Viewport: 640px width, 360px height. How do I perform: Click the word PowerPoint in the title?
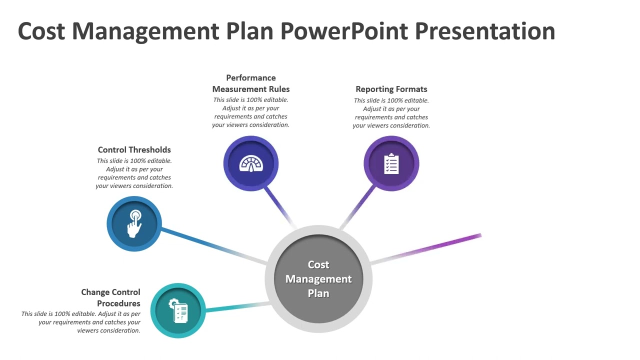344,31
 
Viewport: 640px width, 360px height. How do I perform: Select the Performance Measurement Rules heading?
251,83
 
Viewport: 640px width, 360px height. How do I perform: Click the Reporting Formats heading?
391,89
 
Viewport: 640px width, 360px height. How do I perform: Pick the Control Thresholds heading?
134,149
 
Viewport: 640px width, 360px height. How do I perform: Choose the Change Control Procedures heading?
111,297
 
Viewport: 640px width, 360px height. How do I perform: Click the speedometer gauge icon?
250,163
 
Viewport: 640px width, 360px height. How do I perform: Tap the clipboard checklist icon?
391,163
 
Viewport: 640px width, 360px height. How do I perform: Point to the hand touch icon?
134,223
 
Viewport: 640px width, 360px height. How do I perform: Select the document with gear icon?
178,310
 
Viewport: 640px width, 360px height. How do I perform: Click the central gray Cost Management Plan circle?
318,279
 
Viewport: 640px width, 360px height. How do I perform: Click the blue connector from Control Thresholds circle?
210,245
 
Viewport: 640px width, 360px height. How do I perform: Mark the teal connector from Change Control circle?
235,307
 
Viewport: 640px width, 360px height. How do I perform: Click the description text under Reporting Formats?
391,113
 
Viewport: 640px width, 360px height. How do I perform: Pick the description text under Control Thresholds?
134,173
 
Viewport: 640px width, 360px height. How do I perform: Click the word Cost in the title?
41,31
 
